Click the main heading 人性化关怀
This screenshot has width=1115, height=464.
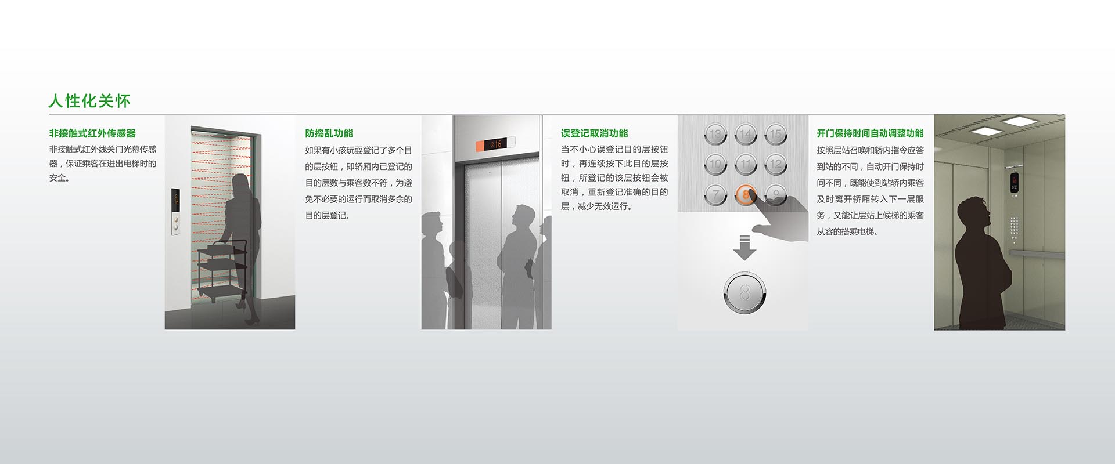(89, 101)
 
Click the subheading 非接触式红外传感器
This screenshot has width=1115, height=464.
(92, 133)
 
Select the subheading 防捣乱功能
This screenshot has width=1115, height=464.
(329, 133)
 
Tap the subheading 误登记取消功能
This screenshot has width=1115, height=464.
(594, 133)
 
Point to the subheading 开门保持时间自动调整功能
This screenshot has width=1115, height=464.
(870, 133)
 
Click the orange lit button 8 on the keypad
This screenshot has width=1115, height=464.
(746, 195)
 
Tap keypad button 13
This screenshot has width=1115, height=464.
(715, 135)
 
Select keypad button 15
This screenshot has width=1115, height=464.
(776, 135)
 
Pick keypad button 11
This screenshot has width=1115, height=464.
(746, 165)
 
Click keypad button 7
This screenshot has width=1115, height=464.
(715, 195)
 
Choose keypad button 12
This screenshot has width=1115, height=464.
(776, 165)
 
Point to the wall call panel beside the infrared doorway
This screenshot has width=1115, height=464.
(175, 211)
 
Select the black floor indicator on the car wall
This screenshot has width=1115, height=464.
(1015, 182)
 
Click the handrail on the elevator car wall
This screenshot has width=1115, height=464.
(1037, 253)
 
